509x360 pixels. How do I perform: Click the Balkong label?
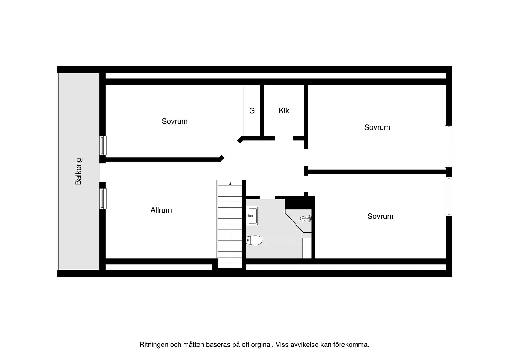pos(78,172)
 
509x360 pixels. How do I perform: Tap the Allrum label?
pos(161,210)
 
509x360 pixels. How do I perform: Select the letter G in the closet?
pos(252,111)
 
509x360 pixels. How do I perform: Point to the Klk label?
pos(284,111)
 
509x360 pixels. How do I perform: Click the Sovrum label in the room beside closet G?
pos(175,121)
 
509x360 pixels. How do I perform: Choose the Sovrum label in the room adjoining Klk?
pos(377,127)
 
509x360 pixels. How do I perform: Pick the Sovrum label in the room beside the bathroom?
pos(380,216)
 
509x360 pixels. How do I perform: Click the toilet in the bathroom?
pos(254,240)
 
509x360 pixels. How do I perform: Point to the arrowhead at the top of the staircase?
pos(230,183)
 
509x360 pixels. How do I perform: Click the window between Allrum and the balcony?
pos(103,198)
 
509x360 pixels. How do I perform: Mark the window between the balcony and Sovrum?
pos(103,145)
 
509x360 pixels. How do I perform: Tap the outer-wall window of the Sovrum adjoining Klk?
pos(449,146)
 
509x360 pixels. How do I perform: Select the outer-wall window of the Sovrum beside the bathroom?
pos(449,197)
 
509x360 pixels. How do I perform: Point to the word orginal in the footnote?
pos(262,345)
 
